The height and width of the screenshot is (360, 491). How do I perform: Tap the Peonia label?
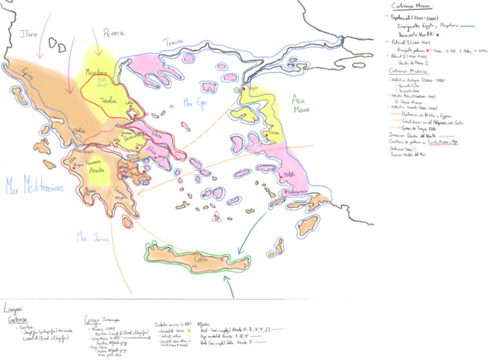click(113, 33)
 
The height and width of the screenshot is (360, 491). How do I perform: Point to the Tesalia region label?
click(108, 101)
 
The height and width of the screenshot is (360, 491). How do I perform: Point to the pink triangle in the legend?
click(426, 62)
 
